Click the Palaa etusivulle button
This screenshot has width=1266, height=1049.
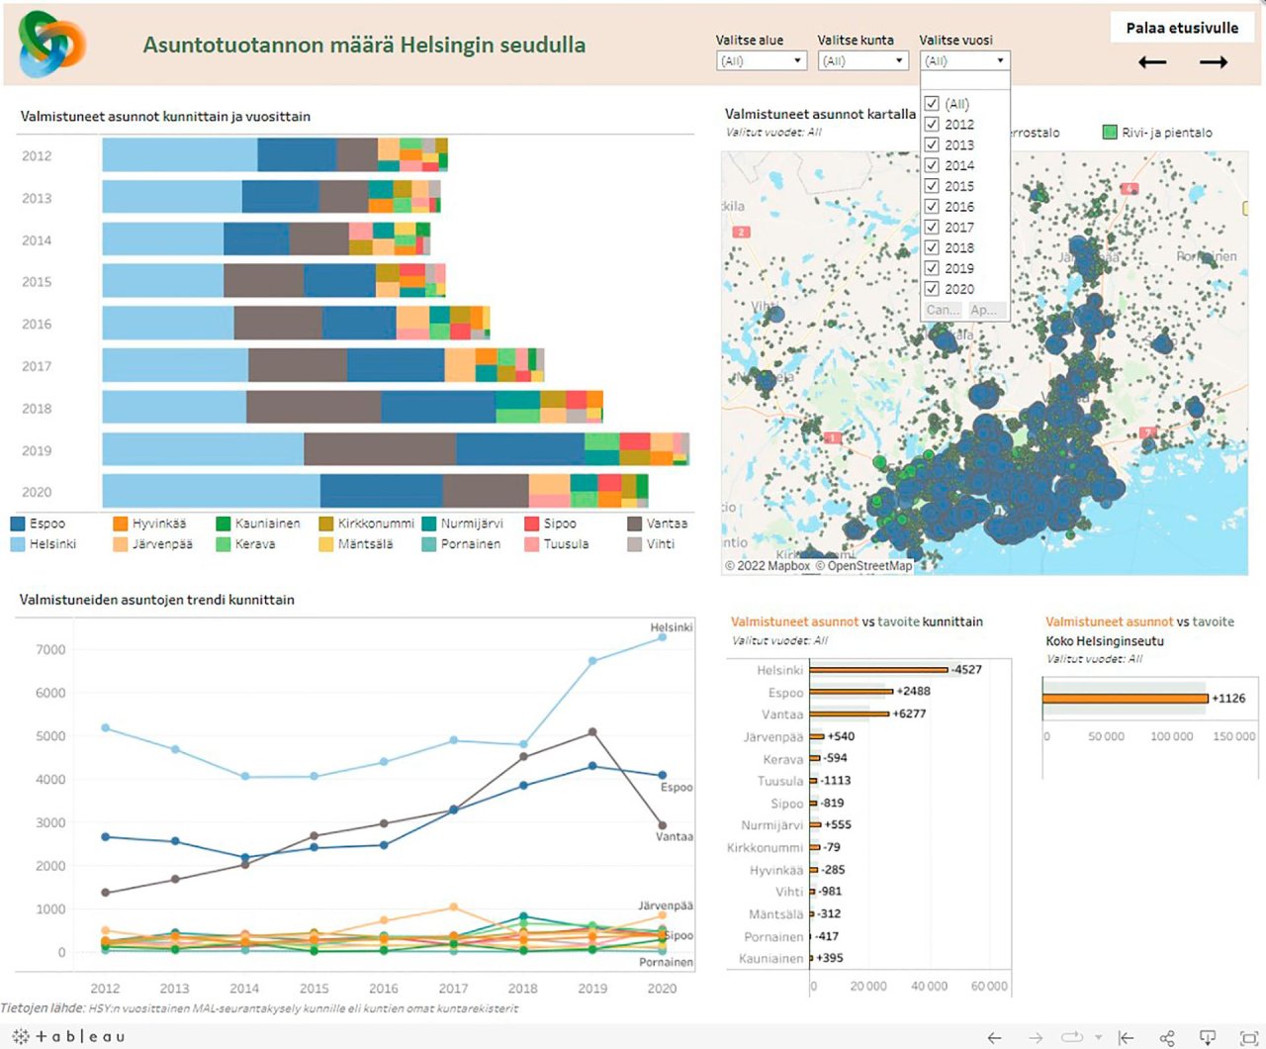click(x=1182, y=28)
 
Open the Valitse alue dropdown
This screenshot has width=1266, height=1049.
click(x=761, y=61)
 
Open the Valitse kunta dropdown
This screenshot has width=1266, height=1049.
click(x=862, y=61)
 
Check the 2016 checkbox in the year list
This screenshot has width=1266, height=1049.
click(x=932, y=206)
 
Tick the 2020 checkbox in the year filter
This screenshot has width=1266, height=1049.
click(x=932, y=289)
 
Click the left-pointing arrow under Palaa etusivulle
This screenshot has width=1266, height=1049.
click(x=1152, y=62)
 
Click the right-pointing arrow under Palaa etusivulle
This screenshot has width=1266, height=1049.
click(x=1214, y=62)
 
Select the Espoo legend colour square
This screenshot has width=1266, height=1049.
click(x=18, y=524)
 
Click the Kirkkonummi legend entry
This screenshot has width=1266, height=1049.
click(x=367, y=524)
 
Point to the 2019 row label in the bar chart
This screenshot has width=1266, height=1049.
click(x=37, y=450)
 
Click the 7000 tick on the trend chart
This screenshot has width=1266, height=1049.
click(x=50, y=650)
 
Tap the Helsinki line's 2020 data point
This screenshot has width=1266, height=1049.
click(x=662, y=637)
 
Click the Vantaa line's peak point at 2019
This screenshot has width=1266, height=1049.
click(x=592, y=732)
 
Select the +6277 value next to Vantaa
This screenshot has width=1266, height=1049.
click(x=909, y=714)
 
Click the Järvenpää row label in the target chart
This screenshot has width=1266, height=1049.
click(x=773, y=737)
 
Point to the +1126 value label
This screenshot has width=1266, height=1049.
click(x=1228, y=699)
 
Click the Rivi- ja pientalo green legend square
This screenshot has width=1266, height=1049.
click(x=1110, y=133)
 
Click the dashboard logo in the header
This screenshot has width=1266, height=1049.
click(x=51, y=45)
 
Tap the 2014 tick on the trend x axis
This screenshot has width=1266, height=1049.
click(x=244, y=989)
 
